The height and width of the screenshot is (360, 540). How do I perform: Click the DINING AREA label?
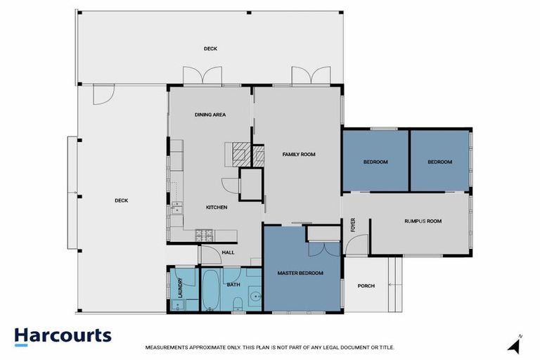(x=210, y=115)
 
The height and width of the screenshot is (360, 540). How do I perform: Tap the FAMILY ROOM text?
(x=298, y=154)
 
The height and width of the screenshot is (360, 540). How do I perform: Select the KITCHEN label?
(x=216, y=207)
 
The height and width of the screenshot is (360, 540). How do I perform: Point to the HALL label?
(x=228, y=253)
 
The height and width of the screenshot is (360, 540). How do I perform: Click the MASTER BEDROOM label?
(x=300, y=273)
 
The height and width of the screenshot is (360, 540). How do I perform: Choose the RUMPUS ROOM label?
(x=423, y=221)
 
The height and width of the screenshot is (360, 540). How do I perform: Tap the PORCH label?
(x=366, y=286)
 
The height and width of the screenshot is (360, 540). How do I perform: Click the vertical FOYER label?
(x=354, y=225)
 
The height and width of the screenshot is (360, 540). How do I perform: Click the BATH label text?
(x=234, y=285)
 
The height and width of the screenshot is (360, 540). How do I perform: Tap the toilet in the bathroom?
(x=238, y=303)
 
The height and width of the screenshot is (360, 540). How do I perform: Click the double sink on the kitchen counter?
(x=176, y=207)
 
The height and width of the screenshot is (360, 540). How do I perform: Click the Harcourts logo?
(x=63, y=336)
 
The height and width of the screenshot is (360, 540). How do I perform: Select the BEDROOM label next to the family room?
(x=375, y=162)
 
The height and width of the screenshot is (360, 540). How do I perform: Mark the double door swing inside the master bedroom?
(x=323, y=250)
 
